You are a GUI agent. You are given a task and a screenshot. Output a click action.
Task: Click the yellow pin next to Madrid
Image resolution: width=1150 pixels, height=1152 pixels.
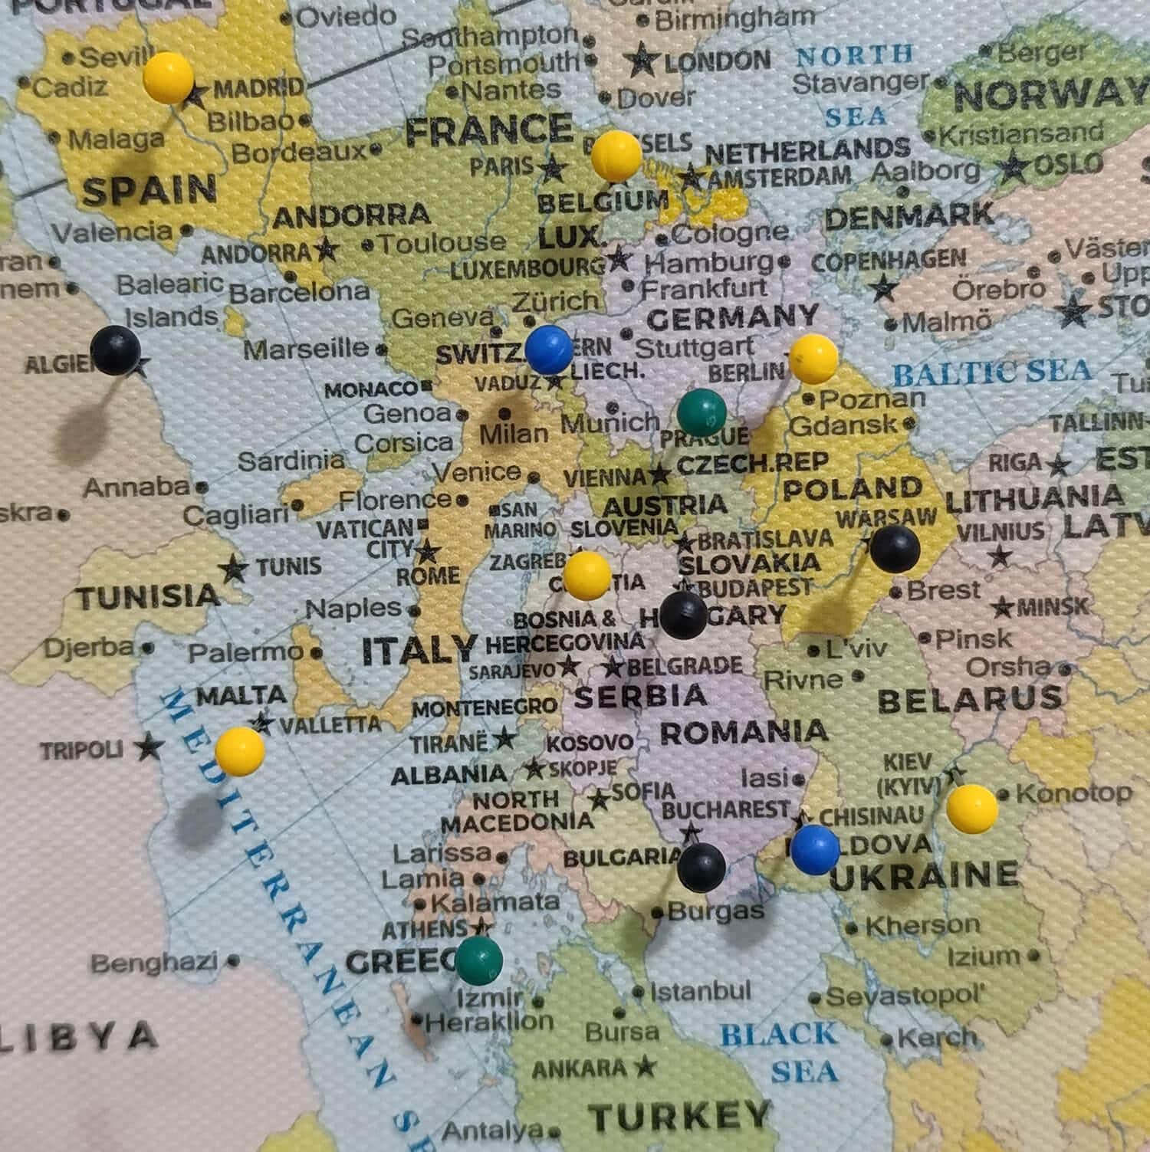pyautogui.click(x=169, y=77)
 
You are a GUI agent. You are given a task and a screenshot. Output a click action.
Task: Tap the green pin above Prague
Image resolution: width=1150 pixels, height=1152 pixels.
pyautogui.click(x=701, y=412)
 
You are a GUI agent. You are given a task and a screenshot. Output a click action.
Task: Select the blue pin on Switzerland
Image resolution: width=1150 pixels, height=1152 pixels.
pyautogui.click(x=549, y=349)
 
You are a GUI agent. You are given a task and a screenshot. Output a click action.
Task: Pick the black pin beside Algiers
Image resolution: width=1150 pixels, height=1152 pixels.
pyautogui.click(x=115, y=350)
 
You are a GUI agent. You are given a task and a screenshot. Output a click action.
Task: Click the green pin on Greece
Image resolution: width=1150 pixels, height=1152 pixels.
pyautogui.click(x=479, y=960)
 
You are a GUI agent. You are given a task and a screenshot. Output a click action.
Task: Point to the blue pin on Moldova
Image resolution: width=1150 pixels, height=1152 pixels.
pyautogui.click(x=815, y=849)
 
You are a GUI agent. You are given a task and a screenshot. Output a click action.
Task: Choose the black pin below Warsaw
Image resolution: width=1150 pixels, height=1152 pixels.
pyautogui.click(x=895, y=549)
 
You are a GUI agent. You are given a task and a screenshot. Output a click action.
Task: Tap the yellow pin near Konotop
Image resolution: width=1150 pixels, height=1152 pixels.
pyautogui.click(x=972, y=808)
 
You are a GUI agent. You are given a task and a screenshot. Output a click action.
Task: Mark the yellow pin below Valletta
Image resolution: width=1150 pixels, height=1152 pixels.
pyautogui.click(x=240, y=750)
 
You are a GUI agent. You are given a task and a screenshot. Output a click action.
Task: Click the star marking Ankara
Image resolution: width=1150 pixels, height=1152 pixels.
pyautogui.click(x=646, y=1065)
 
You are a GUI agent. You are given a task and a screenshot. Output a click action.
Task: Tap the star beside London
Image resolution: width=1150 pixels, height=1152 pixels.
pyautogui.click(x=642, y=61)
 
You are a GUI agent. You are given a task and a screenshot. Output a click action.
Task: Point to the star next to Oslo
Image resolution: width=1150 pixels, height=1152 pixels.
pyautogui.click(x=1016, y=165)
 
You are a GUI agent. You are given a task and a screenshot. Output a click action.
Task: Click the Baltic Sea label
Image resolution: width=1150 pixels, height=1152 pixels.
pyautogui.click(x=992, y=373)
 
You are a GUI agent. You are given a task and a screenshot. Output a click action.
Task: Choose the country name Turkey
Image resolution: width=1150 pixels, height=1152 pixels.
pyautogui.click(x=679, y=1115)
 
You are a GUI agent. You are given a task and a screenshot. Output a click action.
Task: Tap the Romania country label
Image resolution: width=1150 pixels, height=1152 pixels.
pyautogui.click(x=744, y=732)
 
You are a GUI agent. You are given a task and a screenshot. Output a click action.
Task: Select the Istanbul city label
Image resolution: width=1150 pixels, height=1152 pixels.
pyautogui.click(x=700, y=992)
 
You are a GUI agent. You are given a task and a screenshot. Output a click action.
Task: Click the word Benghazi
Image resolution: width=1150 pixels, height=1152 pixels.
pyautogui.click(x=154, y=962)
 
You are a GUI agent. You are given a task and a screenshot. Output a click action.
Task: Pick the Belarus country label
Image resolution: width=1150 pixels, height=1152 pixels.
pyautogui.click(x=970, y=698)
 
